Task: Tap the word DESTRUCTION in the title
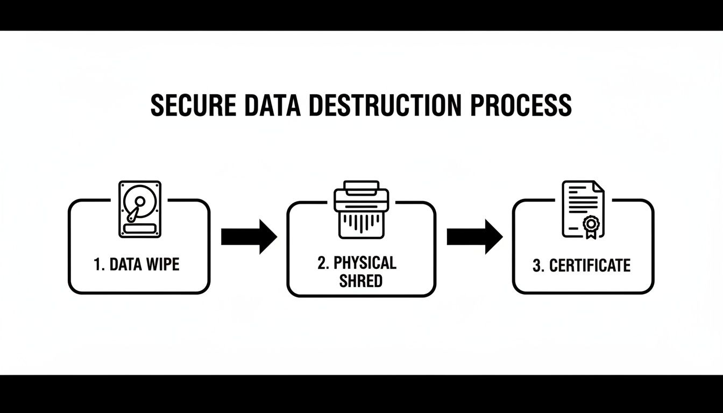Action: point(385,105)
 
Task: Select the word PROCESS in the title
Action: point(521,105)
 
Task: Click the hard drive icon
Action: point(139,209)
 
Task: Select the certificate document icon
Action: point(583,209)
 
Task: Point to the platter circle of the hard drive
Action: point(137,202)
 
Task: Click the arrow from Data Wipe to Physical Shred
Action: point(249,236)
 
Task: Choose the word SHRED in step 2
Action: point(360,281)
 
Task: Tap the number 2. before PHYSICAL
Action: point(323,263)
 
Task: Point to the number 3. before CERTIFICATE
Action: point(538,266)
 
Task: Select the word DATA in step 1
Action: point(126,265)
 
